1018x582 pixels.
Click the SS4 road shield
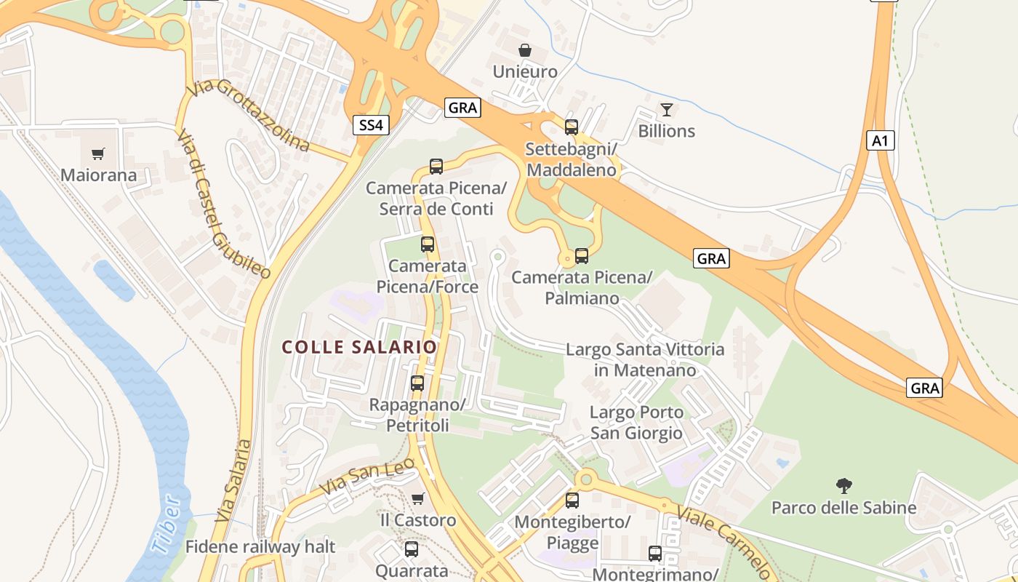pyautogui.click(x=371, y=125)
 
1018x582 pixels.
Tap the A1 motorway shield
pyautogui.click(x=880, y=140)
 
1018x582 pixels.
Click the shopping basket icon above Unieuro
pyautogui.click(x=524, y=50)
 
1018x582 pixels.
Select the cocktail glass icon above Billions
pyautogui.click(x=666, y=110)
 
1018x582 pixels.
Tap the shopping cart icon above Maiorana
pyautogui.click(x=98, y=154)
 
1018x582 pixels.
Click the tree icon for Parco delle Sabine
pyautogui.click(x=843, y=485)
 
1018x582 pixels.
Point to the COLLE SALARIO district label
pyautogui.click(x=359, y=347)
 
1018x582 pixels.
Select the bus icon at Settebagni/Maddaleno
pyautogui.click(x=572, y=127)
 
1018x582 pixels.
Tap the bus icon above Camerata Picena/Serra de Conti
pyautogui.click(x=436, y=167)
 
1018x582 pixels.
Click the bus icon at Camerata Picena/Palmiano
pyautogui.click(x=582, y=256)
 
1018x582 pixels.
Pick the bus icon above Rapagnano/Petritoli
pyautogui.click(x=417, y=383)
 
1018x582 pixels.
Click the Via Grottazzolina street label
pyautogui.click(x=248, y=116)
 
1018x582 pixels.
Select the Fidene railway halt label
pyautogui.click(x=260, y=546)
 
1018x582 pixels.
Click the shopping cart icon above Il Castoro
pyautogui.click(x=417, y=498)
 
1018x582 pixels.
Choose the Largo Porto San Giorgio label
pyautogui.click(x=636, y=423)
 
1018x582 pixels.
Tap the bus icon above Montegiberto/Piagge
pyautogui.click(x=572, y=501)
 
